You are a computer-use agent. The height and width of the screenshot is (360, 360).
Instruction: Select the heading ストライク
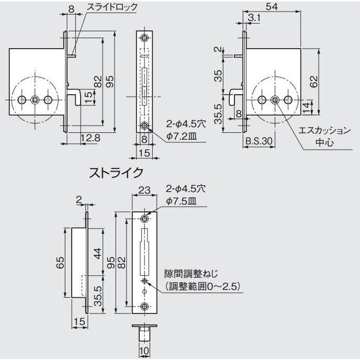point(117,172)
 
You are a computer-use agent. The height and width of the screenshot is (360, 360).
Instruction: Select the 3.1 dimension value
point(254,18)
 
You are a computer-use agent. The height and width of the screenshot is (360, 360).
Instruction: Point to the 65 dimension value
point(60,262)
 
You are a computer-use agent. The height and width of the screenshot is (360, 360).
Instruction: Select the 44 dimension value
point(96,255)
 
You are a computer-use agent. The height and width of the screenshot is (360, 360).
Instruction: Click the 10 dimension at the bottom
point(144,351)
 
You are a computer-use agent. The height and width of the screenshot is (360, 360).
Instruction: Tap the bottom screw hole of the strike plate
point(144,307)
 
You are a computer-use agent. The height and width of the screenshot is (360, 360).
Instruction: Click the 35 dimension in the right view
point(219,76)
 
